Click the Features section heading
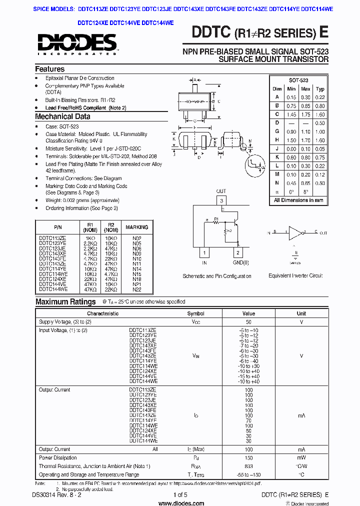(50, 69)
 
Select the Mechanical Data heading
(62, 116)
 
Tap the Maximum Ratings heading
(65, 301)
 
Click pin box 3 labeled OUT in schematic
(221, 200)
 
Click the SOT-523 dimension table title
(298, 80)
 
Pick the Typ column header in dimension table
(320, 88)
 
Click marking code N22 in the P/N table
(136, 289)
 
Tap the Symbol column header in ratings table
(195, 313)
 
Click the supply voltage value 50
(248, 322)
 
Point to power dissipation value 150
(248, 457)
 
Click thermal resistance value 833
(248, 466)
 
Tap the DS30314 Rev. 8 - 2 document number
(59, 495)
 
